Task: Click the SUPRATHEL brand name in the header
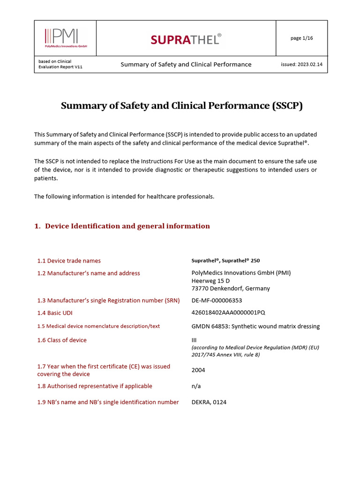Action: click(x=186, y=40)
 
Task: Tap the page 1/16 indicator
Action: click(x=301, y=38)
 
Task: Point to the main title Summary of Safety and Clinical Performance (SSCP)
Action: click(x=182, y=105)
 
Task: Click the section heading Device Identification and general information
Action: click(x=127, y=226)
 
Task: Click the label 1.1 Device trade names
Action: click(x=69, y=261)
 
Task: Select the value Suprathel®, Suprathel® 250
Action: click(x=225, y=261)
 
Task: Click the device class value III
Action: click(x=194, y=340)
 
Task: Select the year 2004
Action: click(x=198, y=370)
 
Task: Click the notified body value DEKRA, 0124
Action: click(x=209, y=402)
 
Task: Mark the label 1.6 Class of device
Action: click(x=62, y=340)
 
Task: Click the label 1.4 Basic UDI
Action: click(x=55, y=313)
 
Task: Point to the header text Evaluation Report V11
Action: click(x=60, y=67)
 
